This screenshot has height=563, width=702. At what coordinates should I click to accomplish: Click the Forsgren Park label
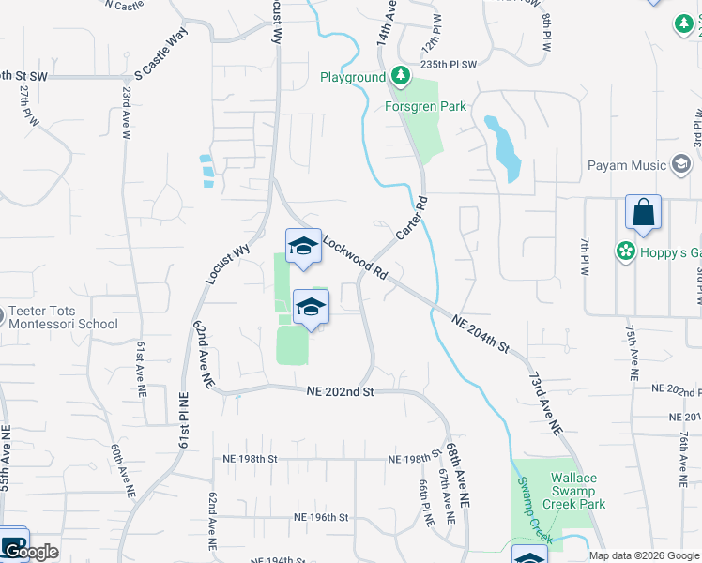click(x=425, y=106)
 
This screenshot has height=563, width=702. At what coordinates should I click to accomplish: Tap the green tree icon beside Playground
click(x=401, y=76)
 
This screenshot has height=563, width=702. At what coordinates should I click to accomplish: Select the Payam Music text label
click(x=626, y=166)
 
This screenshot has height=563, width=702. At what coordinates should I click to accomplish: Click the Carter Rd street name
click(x=412, y=217)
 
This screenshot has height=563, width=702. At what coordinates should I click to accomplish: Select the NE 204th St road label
click(x=481, y=333)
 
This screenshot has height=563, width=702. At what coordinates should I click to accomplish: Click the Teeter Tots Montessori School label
click(x=63, y=318)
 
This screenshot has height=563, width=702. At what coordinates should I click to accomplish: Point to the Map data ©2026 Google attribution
click(x=643, y=555)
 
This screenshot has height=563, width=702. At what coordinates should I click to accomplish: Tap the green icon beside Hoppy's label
click(x=624, y=251)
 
